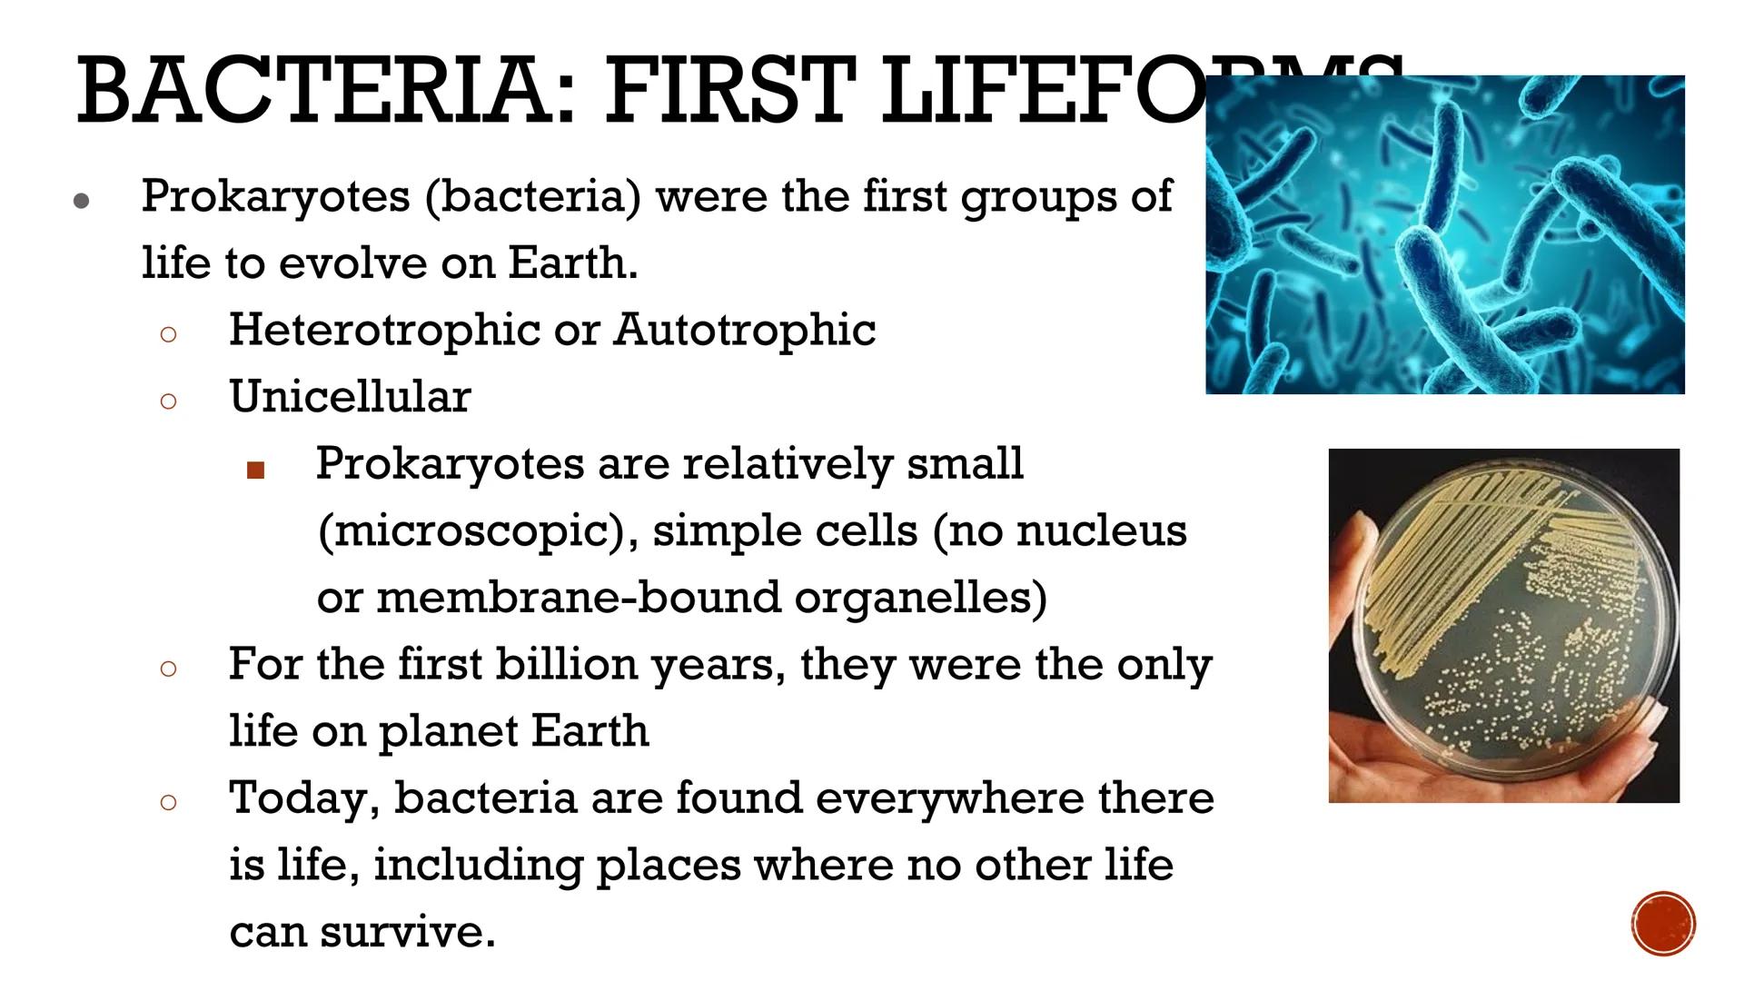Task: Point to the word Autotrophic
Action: pos(744,330)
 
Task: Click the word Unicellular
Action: pos(350,397)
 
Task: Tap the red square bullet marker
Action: pos(255,470)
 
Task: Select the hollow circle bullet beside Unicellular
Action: pos(168,401)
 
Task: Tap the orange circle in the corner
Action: pos(1663,924)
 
